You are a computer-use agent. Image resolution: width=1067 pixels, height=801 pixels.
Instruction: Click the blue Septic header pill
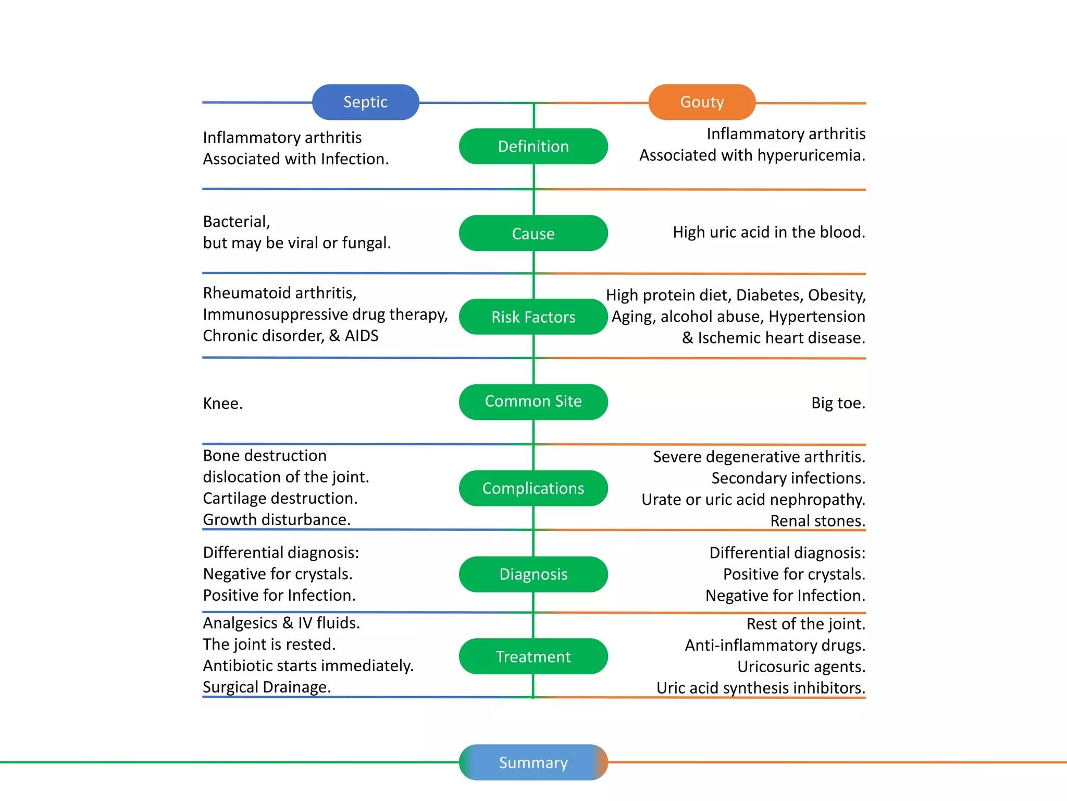365,102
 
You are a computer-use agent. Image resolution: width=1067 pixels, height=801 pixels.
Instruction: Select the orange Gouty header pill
702,102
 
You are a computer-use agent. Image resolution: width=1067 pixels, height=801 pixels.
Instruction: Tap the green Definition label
533,147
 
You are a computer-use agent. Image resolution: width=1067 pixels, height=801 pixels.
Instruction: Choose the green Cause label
533,233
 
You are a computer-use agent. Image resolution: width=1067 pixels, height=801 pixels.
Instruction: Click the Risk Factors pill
533,317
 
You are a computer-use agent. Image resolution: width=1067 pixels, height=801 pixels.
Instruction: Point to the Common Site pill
533,402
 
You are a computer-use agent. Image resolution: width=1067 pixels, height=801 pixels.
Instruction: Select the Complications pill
533,488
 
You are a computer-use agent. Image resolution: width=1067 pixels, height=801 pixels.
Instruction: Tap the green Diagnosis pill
533,574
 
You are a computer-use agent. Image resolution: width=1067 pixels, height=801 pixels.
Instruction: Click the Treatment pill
533,657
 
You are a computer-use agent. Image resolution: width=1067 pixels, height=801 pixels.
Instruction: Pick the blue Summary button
533,762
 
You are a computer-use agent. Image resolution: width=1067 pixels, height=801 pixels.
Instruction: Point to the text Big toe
838,403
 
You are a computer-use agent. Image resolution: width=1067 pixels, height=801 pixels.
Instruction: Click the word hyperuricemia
811,155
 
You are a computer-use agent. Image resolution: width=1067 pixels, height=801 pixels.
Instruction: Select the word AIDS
362,336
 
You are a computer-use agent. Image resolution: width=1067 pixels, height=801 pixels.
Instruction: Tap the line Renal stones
818,521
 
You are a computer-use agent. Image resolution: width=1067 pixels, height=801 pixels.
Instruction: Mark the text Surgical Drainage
267,687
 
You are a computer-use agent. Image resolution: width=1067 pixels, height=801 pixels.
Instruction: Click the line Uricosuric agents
801,667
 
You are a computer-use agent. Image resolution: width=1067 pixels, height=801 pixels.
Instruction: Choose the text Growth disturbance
277,520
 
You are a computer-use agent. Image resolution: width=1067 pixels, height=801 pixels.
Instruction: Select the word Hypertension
817,317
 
